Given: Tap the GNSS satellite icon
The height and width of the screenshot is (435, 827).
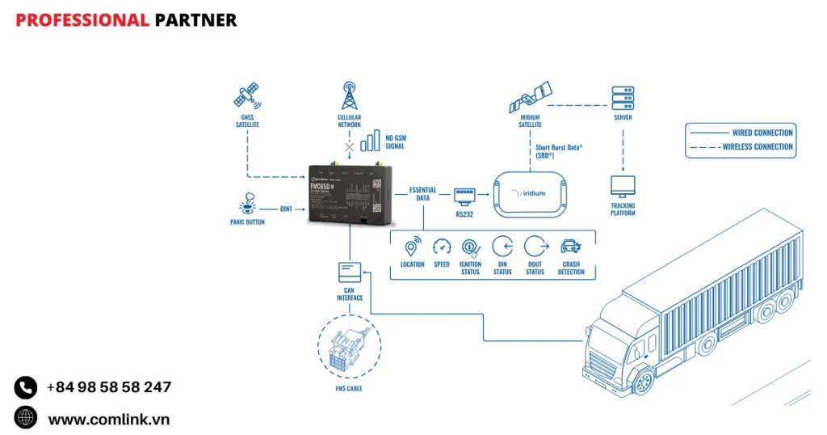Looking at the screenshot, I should point(247,96).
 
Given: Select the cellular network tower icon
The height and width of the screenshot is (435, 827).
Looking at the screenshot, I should point(349,95).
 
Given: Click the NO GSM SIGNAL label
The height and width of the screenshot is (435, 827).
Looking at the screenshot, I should point(396,142).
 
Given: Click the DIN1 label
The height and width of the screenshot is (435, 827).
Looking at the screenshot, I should point(286,209).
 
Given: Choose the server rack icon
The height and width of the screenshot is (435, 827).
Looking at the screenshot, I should point(623,97).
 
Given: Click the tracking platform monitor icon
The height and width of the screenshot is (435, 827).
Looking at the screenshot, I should point(623,186).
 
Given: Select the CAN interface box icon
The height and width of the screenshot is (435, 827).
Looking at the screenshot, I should point(350,272).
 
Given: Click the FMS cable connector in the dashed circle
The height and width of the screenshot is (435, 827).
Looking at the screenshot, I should point(349,348).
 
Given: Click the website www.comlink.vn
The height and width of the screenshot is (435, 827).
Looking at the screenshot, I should point(109,419).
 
